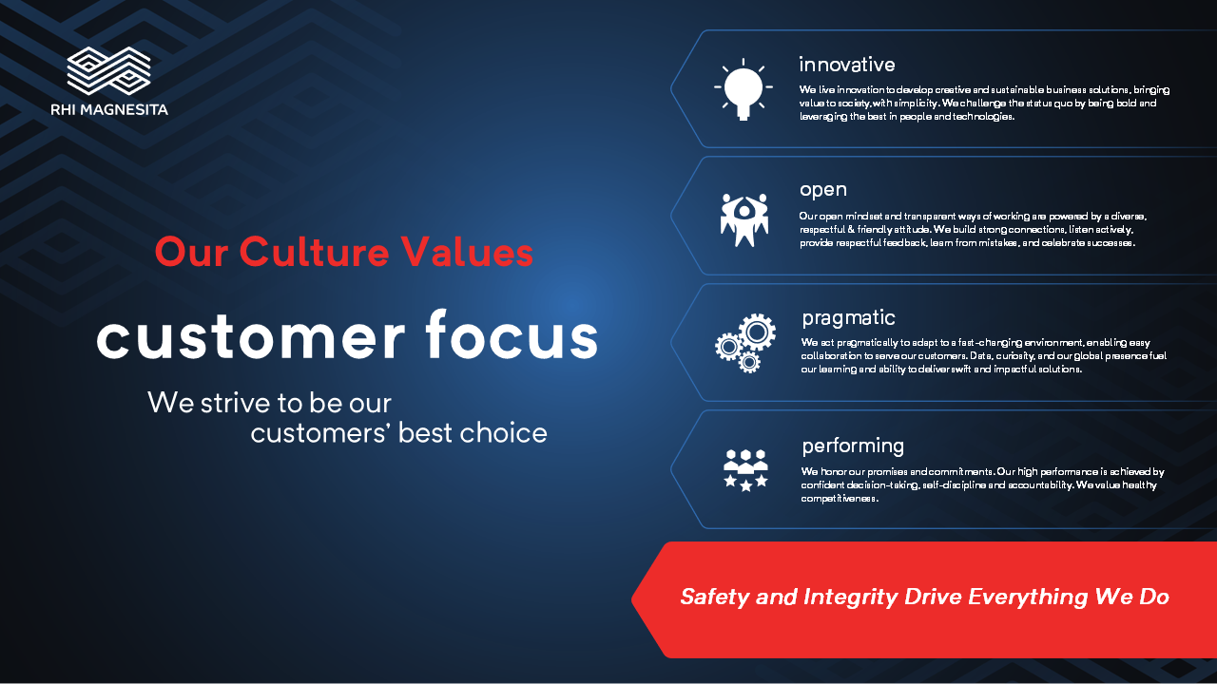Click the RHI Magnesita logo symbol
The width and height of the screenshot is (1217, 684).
[x=108, y=71]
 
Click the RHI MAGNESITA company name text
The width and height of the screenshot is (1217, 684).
[x=109, y=109]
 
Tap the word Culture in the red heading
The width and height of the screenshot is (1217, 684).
[x=314, y=252]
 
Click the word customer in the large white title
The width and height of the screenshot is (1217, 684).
[x=251, y=337]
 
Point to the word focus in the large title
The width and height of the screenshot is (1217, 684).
[x=512, y=333]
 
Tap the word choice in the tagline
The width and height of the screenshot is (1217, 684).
[x=503, y=432]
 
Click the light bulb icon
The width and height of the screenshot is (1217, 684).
[x=744, y=89]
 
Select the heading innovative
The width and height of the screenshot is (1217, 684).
[x=847, y=65]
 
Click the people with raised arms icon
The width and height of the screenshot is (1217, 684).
[x=744, y=219]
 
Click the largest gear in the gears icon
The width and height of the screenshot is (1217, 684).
[x=757, y=332]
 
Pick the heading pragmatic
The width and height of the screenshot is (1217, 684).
[x=849, y=318]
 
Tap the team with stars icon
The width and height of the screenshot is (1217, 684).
[x=746, y=470]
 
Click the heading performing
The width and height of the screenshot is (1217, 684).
[x=853, y=446]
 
